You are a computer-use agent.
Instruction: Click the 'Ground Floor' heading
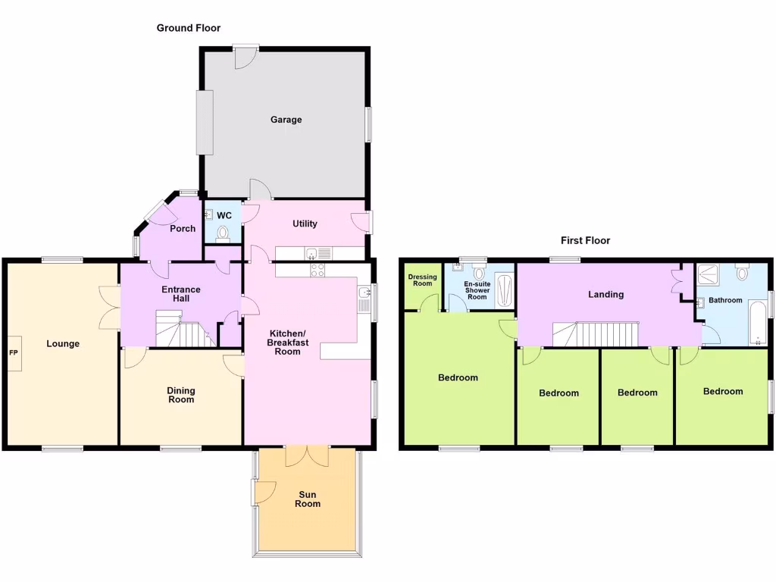(188, 28)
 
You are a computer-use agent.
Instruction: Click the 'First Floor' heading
(585, 240)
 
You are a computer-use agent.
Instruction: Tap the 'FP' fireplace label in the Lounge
(13, 353)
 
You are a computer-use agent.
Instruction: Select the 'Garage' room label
(286, 120)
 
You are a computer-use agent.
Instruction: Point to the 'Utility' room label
(305, 224)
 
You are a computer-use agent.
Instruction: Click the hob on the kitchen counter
(317, 270)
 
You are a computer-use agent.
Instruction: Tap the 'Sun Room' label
(308, 499)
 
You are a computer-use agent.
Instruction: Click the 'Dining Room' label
(181, 395)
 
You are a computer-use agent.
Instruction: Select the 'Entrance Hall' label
(181, 294)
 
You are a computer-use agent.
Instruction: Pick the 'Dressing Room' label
(422, 280)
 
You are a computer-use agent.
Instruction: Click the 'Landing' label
(606, 294)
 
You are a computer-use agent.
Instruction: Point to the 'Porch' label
(183, 228)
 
